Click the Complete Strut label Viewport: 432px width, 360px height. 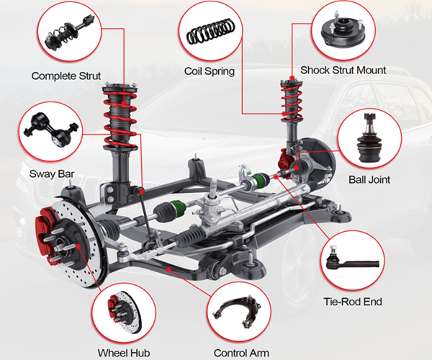tap(66, 76)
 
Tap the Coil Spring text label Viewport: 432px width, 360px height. tap(210, 71)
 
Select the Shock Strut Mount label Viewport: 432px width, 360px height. tap(343, 71)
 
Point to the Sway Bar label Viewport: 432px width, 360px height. tap(52, 174)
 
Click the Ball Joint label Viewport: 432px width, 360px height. tap(369, 179)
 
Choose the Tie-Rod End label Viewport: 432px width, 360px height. tap(353, 302)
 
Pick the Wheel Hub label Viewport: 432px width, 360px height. tap(124, 353)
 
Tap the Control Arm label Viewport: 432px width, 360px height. tap(241, 353)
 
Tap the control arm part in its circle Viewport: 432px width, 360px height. tap(237, 311)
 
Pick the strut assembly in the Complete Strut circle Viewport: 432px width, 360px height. tap(69, 33)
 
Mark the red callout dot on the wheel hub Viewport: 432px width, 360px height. tap(78, 246)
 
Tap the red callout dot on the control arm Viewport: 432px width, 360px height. tap(168, 270)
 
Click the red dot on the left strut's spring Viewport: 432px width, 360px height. tap(124, 103)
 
